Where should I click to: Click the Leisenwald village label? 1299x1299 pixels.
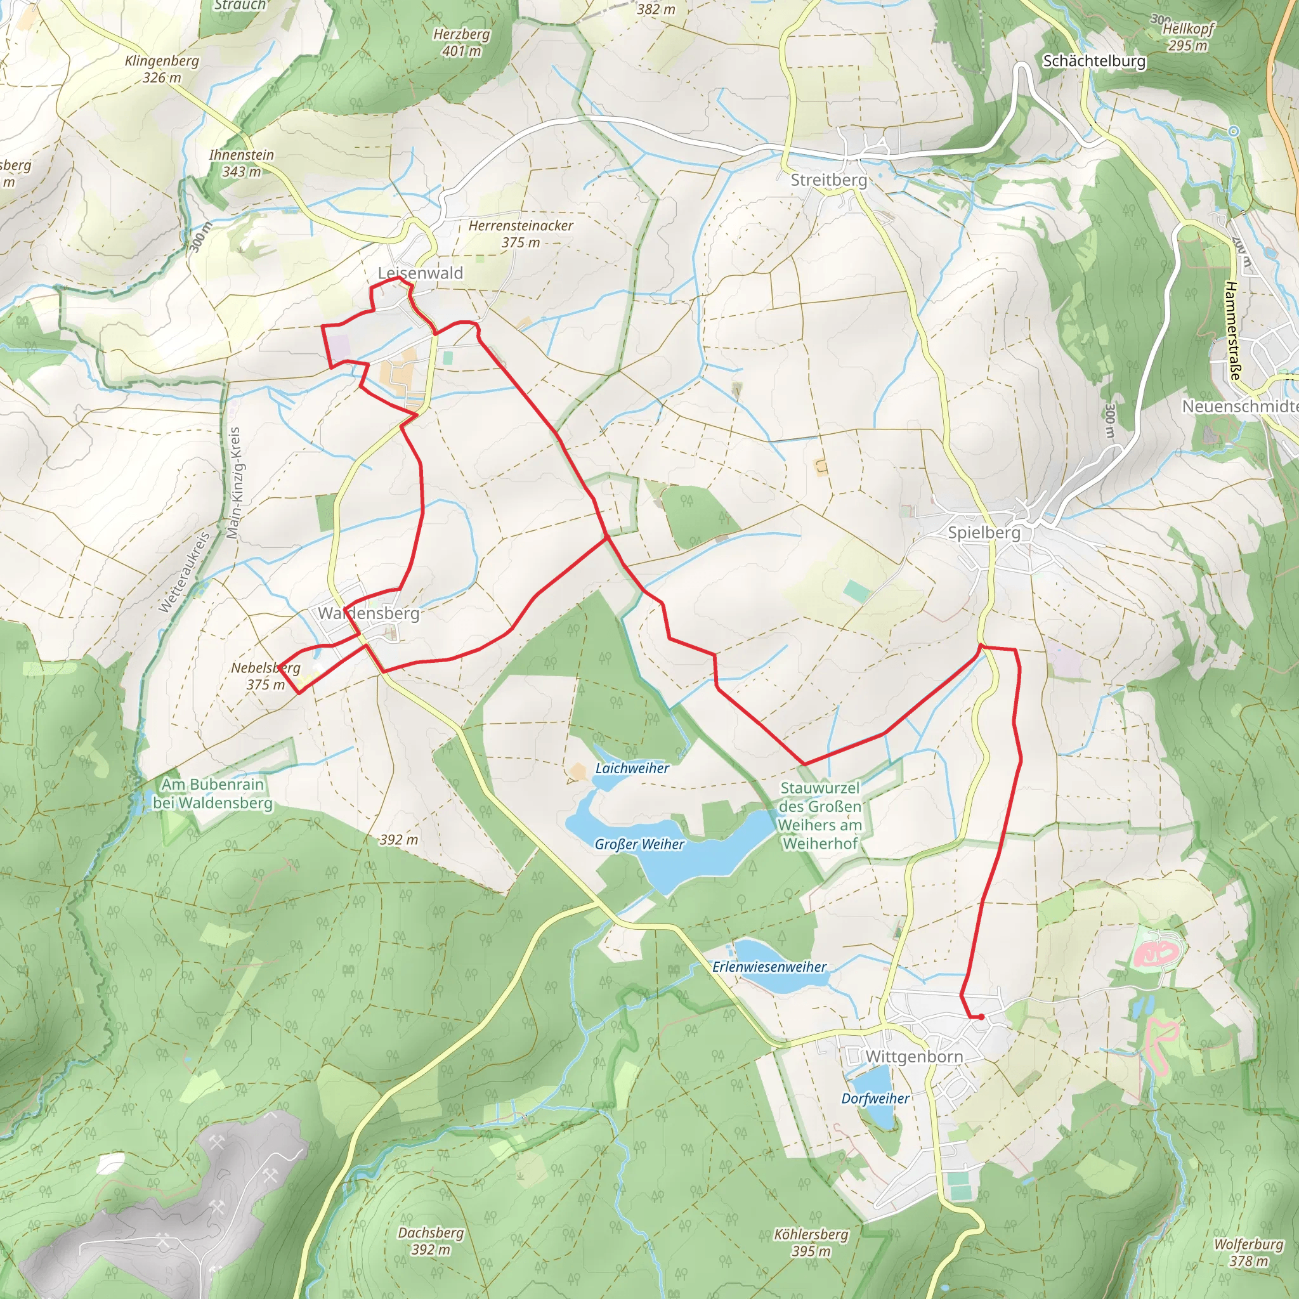point(421,273)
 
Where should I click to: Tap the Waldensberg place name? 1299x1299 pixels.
point(369,613)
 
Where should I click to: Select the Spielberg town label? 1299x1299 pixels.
point(984,533)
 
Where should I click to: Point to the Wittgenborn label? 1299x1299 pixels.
point(914,1056)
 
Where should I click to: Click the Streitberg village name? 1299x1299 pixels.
point(828,180)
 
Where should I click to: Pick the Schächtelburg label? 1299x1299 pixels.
point(1094,61)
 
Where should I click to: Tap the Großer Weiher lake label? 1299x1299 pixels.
point(639,844)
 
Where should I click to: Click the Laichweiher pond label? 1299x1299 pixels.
point(632,768)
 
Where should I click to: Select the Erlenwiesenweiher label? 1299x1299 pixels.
point(769,967)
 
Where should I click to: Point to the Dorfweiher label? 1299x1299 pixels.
point(875,1099)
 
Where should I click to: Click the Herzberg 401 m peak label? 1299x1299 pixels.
point(461,42)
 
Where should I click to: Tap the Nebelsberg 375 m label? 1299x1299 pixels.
point(266,676)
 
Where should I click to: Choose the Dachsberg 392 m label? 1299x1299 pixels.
point(430,1241)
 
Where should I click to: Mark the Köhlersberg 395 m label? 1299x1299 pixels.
point(811,1243)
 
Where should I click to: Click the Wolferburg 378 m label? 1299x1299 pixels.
point(1248,1253)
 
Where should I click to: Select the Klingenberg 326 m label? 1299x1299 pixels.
point(162,69)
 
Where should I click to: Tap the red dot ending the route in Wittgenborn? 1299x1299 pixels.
point(982,1017)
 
